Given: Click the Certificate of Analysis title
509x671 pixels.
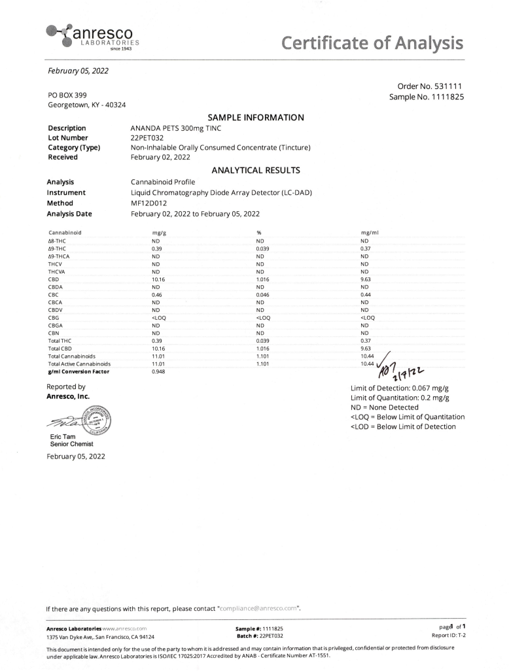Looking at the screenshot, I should click(372, 43).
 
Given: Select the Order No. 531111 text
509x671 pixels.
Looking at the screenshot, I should click(430, 86).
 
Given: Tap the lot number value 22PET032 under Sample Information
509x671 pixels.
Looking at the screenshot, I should click(147, 138).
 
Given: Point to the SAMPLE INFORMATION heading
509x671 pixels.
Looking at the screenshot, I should click(255, 118).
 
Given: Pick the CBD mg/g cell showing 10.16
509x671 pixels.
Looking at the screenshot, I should click(158, 279).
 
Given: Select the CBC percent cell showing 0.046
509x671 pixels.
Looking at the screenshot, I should click(263, 295).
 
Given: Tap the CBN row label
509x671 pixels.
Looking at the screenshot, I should click(54, 333).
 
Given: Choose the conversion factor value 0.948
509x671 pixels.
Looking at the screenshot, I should click(158, 371).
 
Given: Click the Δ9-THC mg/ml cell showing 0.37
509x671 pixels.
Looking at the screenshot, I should click(365, 249).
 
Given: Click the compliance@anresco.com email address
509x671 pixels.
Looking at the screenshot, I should click(258, 609).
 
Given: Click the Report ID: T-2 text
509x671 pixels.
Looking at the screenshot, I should click(448, 635).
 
